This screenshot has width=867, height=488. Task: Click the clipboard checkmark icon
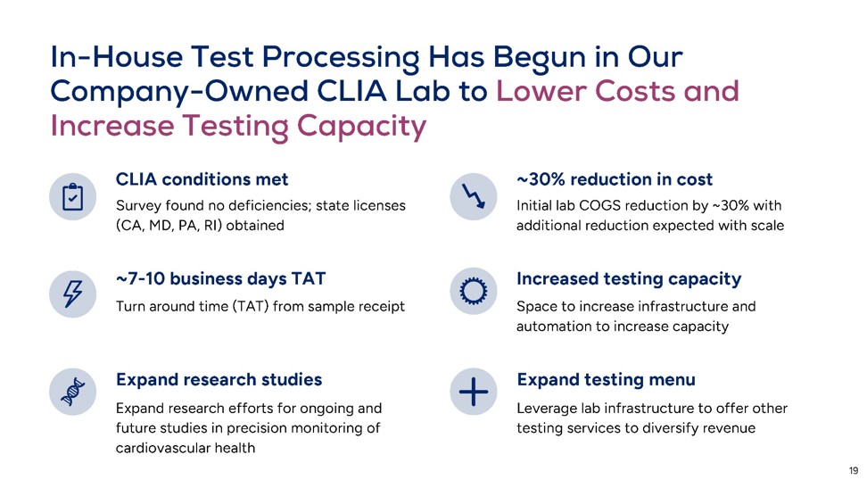(x=72, y=197)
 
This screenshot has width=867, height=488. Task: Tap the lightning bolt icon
(x=72, y=294)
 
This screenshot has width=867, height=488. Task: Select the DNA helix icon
(x=72, y=392)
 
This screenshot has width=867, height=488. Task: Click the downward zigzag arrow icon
(x=474, y=196)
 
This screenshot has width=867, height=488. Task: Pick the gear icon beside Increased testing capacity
(x=474, y=292)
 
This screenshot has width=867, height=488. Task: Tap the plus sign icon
(x=474, y=392)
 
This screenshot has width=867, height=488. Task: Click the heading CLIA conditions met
(x=202, y=179)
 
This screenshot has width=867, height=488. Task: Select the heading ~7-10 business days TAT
(x=220, y=278)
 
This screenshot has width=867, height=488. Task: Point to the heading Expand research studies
(x=219, y=379)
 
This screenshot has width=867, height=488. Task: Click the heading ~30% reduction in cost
(x=615, y=179)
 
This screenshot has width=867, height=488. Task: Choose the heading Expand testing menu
(x=606, y=379)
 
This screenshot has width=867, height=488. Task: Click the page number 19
(x=854, y=471)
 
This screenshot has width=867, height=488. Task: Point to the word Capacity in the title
(x=361, y=127)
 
